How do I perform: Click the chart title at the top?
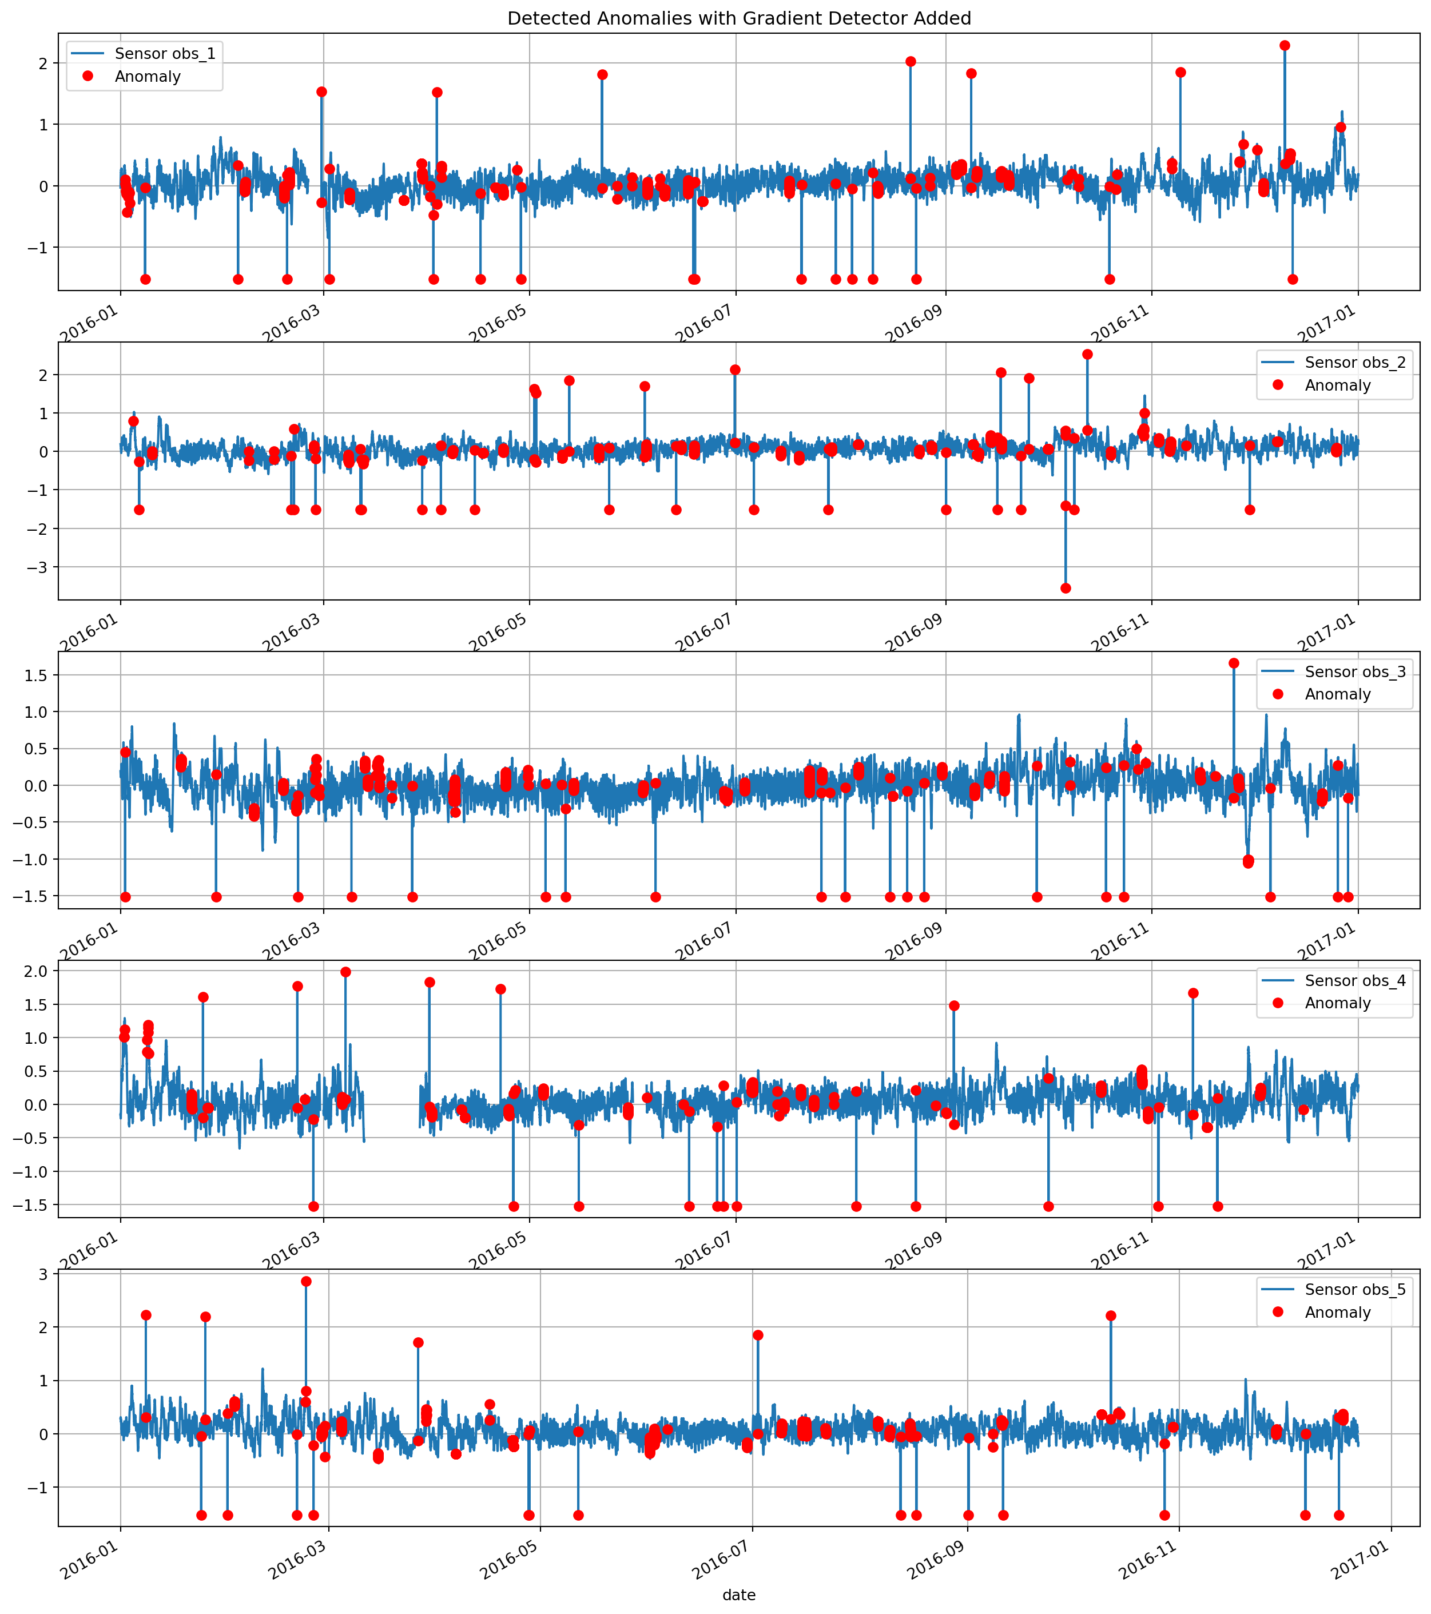(x=738, y=18)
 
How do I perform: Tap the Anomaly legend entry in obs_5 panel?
(x=1338, y=1313)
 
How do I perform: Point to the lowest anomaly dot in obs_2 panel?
(x=1066, y=589)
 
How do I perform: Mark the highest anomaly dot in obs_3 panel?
(x=1234, y=663)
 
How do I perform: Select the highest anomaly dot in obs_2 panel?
(x=1087, y=355)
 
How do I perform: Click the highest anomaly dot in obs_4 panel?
(x=345, y=972)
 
